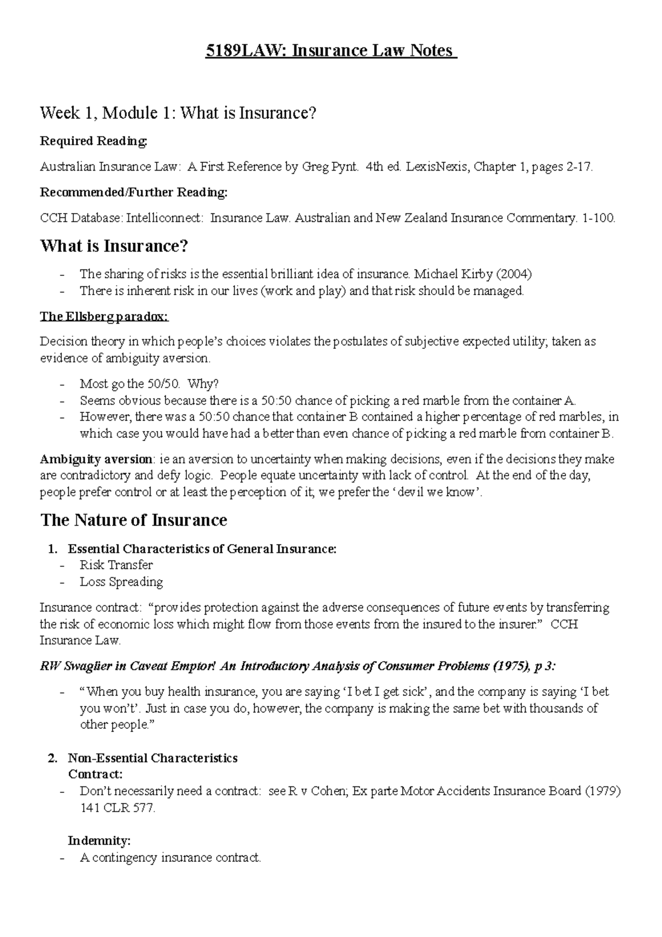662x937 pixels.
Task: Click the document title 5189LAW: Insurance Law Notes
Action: (x=330, y=51)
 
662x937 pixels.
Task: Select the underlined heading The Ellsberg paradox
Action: (x=104, y=316)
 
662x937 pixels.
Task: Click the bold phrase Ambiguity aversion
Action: (x=96, y=459)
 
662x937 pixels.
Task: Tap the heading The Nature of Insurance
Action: (x=134, y=520)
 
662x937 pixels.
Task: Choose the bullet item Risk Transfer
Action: (x=116, y=565)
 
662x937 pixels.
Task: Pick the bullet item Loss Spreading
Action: (x=121, y=582)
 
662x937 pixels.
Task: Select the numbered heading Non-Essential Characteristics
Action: (x=152, y=758)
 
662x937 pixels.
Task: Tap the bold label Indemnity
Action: (x=99, y=840)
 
